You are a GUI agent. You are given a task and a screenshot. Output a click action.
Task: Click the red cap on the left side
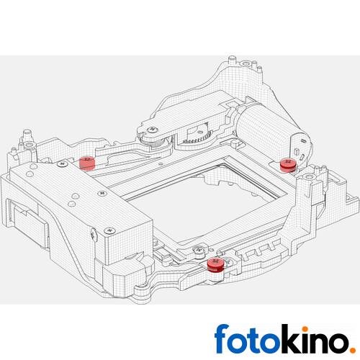click(x=87, y=161)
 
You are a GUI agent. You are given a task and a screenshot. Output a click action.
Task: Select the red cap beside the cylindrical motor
click(x=287, y=165)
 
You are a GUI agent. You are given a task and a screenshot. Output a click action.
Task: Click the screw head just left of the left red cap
click(x=64, y=165)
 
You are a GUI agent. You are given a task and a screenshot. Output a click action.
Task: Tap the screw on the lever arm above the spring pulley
click(x=152, y=129)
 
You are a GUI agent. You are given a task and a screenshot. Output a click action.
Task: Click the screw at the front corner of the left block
click(x=109, y=230)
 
